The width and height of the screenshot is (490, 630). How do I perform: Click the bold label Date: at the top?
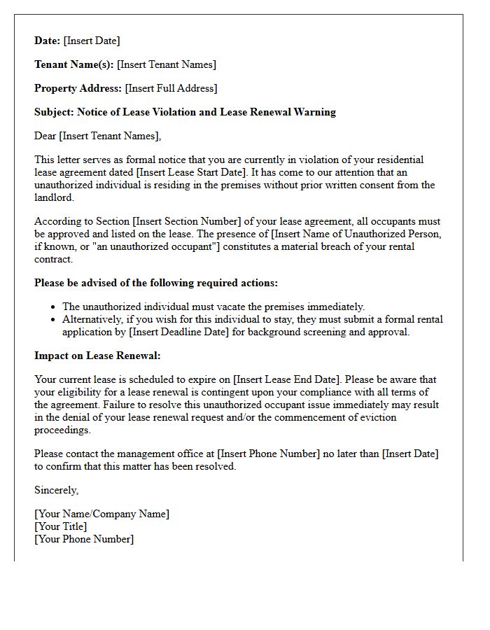[x=48, y=41]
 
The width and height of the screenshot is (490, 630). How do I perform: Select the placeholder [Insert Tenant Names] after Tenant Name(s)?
[x=167, y=64]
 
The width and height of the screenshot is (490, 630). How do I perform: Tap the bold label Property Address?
[x=78, y=88]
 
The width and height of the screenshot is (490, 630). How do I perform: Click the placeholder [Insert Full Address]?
[x=171, y=88]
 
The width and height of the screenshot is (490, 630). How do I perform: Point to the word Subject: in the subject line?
[x=54, y=112]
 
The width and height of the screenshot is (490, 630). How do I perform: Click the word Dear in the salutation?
[x=45, y=136]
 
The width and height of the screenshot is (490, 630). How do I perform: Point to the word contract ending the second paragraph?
[x=53, y=259]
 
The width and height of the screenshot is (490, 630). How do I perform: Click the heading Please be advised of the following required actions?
[x=156, y=283]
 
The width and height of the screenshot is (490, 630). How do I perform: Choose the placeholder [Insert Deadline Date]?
[x=179, y=332]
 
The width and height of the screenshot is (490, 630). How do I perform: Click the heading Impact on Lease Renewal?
[x=97, y=356]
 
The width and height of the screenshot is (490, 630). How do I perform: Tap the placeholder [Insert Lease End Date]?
[x=292, y=379]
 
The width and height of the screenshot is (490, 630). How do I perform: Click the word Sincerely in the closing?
[x=56, y=490]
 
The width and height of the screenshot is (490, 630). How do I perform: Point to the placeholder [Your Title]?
[x=61, y=526]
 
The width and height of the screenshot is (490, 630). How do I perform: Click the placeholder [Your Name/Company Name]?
[x=101, y=514]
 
